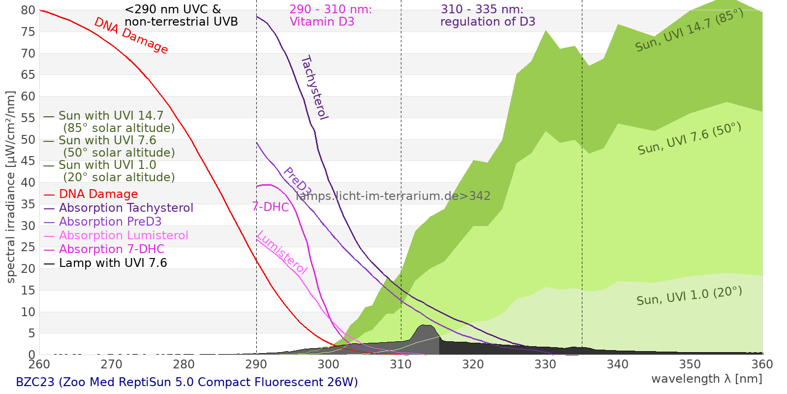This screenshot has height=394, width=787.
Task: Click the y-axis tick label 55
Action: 29,118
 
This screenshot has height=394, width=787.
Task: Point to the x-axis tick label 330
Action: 545,364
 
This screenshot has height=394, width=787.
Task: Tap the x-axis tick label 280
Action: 184,364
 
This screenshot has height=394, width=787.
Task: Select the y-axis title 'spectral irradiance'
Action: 11,187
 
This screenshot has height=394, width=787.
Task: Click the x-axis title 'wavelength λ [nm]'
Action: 706,379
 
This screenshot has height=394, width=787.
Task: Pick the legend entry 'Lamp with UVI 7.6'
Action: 113,263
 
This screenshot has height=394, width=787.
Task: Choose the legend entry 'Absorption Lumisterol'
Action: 123,235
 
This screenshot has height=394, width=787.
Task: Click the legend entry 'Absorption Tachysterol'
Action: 126,208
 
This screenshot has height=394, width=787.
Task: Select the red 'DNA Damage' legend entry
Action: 98,194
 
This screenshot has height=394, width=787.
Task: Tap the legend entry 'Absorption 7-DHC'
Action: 112,249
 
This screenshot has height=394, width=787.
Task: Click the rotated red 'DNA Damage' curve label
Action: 131,35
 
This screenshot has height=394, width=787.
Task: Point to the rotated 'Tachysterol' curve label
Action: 314,88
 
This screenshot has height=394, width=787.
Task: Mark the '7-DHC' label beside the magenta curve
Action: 271,207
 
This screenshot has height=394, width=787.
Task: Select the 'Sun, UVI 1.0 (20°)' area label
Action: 689,296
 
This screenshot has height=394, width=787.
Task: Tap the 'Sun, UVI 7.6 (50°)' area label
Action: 689,139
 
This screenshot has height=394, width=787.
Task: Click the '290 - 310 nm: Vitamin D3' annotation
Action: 331,16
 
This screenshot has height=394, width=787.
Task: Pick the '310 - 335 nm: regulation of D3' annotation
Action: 487,16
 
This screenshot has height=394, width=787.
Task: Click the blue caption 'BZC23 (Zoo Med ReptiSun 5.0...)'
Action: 187,382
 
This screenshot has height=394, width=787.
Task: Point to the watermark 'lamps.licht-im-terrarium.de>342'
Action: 393,196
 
